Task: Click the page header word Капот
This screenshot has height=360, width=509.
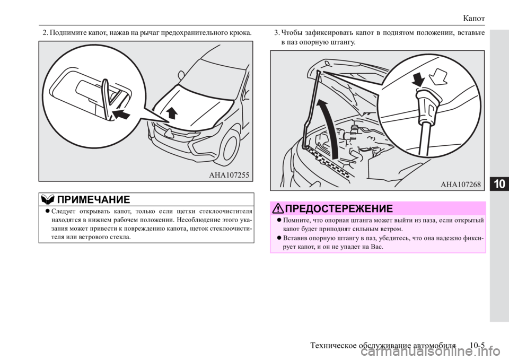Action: (x=474, y=18)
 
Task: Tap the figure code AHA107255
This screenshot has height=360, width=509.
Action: (x=229, y=175)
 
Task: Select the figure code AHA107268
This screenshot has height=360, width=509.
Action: (x=461, y=185)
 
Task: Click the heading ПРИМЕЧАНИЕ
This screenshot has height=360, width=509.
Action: (x=93, y=199)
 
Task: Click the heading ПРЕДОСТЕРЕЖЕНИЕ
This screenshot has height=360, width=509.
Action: (x=339, y=208)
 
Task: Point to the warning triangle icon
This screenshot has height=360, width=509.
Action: (x=278, y=208)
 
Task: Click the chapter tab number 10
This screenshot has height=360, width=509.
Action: (x=500, y=184)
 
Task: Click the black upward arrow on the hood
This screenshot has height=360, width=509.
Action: (x=171, y=114)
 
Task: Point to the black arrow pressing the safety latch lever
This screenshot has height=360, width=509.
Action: (x=121, y=114)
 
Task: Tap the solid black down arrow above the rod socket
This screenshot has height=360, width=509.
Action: (x=419, y=79)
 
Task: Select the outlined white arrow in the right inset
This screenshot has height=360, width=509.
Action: (x=438, y=76)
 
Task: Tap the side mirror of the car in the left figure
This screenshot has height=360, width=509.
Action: (x=180, y=75)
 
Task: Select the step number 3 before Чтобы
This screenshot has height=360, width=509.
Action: (x=277, y=33)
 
